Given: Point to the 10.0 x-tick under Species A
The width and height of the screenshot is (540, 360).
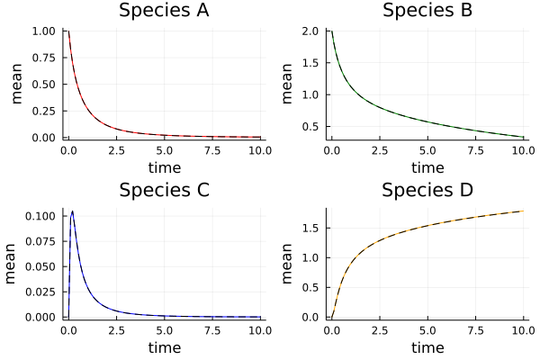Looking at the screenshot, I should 261,150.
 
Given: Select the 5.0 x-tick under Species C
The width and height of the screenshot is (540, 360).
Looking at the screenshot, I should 165,329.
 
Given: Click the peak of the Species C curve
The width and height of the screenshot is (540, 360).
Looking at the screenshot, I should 72,211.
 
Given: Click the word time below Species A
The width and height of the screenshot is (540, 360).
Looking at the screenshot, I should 165,167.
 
